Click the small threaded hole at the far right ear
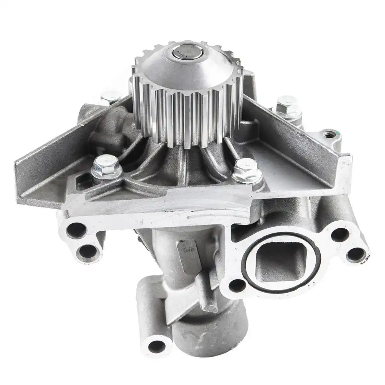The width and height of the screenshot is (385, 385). click(x=329, y=135)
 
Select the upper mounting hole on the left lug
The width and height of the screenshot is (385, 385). click(x=76, y=231)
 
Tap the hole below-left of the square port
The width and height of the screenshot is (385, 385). click(x=237, y=285)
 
